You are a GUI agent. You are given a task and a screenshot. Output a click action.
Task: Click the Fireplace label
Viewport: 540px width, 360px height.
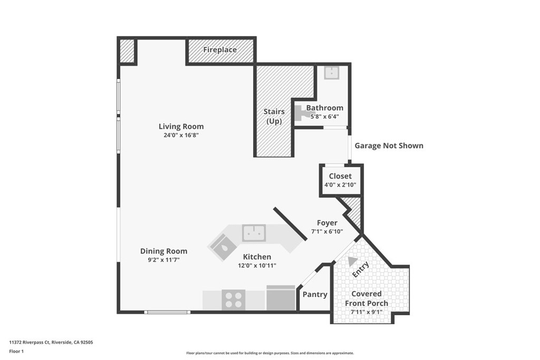click(x=220, y=50)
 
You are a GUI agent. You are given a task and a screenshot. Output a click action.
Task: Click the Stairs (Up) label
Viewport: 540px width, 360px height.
click(x=274, y=116)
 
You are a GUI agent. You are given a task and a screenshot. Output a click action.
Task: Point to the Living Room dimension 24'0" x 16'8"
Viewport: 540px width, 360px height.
click(x=181, y=135)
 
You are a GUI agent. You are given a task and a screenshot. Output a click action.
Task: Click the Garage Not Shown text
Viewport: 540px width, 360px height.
click(x=389, y=145)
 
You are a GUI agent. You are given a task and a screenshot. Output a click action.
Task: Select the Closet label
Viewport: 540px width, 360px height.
click(x=340, y=176)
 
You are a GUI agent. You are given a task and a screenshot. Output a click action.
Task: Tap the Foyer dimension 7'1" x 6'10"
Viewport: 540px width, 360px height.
click(x=327, y=231)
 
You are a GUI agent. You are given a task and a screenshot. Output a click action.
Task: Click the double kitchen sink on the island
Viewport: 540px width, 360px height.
click(x=254, y=232)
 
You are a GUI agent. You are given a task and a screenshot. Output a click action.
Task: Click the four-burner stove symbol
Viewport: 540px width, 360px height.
click(x=233, y=300)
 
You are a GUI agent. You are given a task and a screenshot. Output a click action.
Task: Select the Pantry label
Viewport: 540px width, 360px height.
click(x=315, y=295)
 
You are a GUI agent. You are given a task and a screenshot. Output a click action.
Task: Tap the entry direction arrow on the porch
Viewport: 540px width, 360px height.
click(x=352, y=261)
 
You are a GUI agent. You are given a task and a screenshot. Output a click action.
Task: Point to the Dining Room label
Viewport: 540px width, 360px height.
click(x=163, y=251)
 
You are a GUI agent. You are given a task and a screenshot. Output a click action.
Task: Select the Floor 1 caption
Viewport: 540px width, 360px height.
click(x=17, y=351)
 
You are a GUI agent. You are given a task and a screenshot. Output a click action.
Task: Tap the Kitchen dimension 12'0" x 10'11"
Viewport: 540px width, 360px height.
click(x=257, y=265)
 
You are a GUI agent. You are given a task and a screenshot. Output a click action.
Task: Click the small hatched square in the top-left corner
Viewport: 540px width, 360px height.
click(x=127, y=51)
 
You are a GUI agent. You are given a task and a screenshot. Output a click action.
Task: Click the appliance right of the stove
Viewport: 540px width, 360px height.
click(x=281, y=298)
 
